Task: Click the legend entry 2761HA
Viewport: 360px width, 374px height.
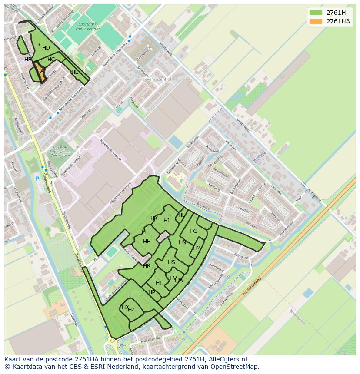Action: (x=338, y=21)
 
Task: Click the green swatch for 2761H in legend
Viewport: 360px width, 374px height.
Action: (x=316, y=13)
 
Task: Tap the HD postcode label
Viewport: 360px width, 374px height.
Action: (x=46, y=48)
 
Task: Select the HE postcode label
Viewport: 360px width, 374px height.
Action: (x=75, y=72)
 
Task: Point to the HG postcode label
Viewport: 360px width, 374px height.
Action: (x=193, y=231)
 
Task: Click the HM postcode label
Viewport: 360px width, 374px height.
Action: (x=197, y=248)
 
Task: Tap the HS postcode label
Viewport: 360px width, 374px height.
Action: (x=171, y=262)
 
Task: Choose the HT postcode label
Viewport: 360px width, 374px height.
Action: (x=159, y=283)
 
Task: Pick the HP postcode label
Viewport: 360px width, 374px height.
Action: (x=152, y=292)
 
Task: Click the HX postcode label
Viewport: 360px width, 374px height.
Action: (x=125, y=307)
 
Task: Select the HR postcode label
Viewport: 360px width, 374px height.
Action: (x=147, y=266)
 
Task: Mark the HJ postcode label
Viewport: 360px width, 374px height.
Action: (x=167, y=221)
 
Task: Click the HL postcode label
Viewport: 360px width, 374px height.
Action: (x=181, y=215)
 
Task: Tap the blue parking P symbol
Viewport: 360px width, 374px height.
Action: (x=37, y=179)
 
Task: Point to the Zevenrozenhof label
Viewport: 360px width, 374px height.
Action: (x=157, y=79)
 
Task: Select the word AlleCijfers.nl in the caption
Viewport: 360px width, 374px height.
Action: (x=228, y=359)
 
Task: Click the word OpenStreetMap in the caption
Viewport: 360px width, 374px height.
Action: (x=234, y=367)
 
